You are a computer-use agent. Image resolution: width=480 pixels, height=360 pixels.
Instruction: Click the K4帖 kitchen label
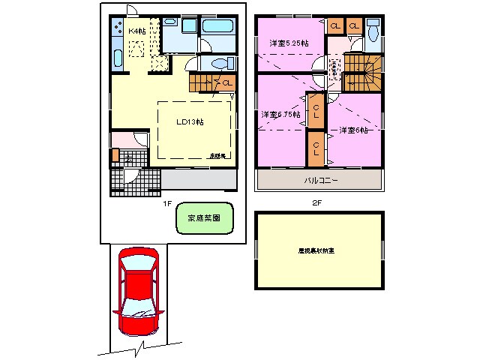click(x=136, y=31)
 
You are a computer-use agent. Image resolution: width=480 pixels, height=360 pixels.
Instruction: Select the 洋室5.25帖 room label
click(x=289, y=43)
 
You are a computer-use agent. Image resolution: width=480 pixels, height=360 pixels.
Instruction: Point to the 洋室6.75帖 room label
click(x=280, y=115)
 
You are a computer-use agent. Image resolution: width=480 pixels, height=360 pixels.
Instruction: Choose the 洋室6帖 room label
click(x=352, y=130)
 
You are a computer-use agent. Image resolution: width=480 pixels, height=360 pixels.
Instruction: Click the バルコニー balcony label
click(x=321, y=181)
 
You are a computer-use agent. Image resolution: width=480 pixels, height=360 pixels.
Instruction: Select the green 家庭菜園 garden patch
click(x=204, y=220)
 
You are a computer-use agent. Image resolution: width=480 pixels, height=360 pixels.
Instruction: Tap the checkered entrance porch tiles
click(x=135, y=181)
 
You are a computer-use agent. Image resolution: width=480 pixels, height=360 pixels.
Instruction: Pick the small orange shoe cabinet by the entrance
click(x=115, y=155)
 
